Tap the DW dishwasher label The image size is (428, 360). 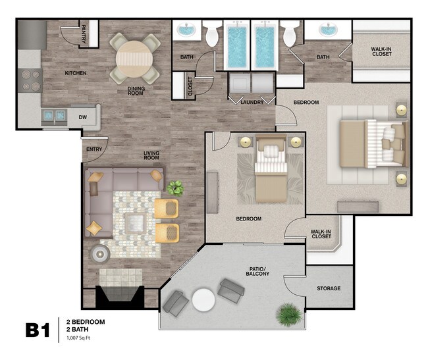[84, 117]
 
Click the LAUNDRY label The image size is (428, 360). [252, 103]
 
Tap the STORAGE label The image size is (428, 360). [329, 288]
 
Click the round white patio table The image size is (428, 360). [204, 300]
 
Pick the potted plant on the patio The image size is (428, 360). [287, 314]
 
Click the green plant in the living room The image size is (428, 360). [175, 188]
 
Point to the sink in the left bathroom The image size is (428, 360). [188, 31]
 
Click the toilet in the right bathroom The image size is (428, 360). [289, 35]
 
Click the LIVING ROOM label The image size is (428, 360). [152, 156]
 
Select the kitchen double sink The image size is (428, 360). [53, 117]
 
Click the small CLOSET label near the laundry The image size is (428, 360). [190, 86]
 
